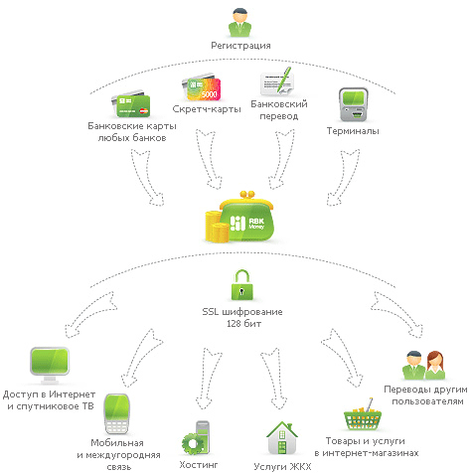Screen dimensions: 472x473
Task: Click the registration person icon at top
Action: (x=240, y=22)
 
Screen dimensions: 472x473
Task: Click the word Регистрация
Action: (x=240, y=46)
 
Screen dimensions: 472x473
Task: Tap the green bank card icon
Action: (x=131, y=103)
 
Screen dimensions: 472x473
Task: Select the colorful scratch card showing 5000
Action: (x=201, y=86)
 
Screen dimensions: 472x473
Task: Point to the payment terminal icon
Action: (x=353, y=104)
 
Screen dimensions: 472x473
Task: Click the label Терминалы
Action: (x=353, y=131)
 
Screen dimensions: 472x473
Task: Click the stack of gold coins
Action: (x=217, y=227)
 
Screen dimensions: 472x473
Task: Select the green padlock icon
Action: (x=241, y=285)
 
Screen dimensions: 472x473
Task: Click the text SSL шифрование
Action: (x=242, y=312)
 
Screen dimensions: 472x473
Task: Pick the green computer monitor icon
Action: (x=50, y=366)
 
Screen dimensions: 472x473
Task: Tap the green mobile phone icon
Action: (x=116, y=414)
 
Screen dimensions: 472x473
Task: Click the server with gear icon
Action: (x=196, y=437)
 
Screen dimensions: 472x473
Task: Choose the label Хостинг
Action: (x=199, y=465)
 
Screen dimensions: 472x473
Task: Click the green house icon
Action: (x=282, y=438)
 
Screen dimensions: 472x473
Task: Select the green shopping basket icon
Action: (x=363, y=414)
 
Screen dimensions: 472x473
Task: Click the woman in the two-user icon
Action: (x=435, y=366)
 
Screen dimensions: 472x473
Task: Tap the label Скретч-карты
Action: (x=207, y=109)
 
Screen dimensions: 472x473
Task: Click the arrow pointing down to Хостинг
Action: (x=208, y=379)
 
